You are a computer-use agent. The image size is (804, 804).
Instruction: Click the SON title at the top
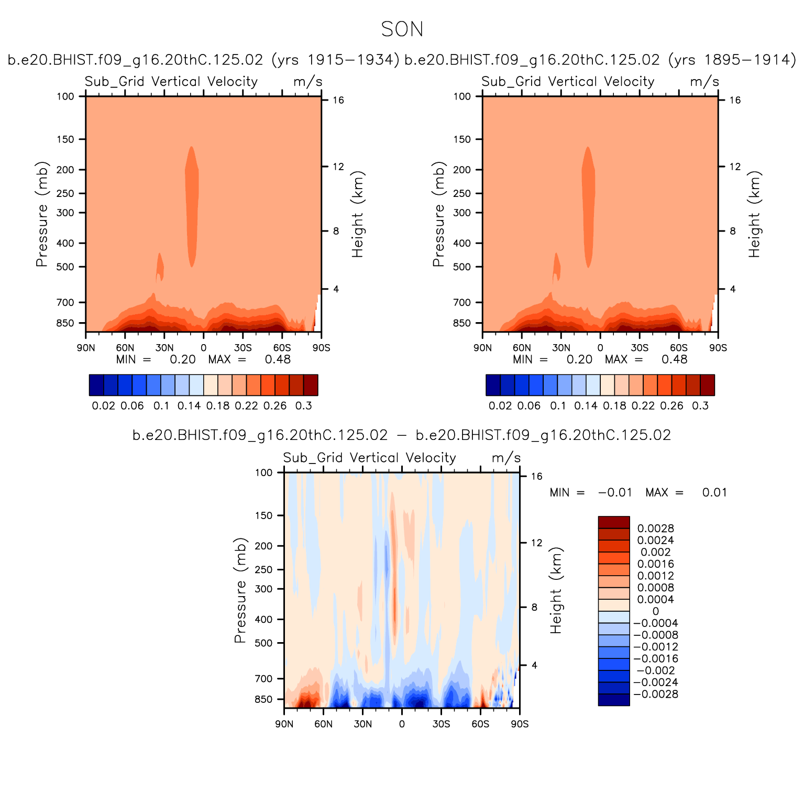tap(402, 29)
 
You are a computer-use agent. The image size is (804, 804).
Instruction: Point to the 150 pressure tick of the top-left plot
tap(65, 139)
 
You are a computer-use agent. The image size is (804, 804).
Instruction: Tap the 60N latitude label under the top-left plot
tap(125, 348)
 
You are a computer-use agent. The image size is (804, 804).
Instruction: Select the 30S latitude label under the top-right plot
tap(640, 348)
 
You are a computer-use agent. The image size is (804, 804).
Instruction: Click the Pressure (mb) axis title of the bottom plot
tap(240, 590)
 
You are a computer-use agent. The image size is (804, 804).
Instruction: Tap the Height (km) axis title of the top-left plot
tap(358, 214)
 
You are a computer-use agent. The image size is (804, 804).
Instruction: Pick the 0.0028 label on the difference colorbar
tap(655, 528)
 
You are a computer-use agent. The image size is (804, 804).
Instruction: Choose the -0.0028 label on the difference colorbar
tap(655, 694)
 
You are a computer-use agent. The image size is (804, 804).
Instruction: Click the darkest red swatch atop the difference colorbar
tap(614, 522)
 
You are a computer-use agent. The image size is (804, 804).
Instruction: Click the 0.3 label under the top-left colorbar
tap(303, 406)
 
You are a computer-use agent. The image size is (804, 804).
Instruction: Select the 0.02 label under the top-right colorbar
tap(500, 406)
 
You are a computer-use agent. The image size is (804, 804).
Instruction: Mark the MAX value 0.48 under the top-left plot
tap(277, 359)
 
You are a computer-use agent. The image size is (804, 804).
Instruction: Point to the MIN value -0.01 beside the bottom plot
tap(615, 493)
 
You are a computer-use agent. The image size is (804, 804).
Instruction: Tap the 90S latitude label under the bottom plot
tap(520, 724)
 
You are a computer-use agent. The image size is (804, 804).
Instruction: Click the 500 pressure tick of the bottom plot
tap(263, 643)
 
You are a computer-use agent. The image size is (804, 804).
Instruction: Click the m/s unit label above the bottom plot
tap(506, 458)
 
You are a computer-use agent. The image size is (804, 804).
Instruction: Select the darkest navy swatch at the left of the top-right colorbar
tap(493, 385)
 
